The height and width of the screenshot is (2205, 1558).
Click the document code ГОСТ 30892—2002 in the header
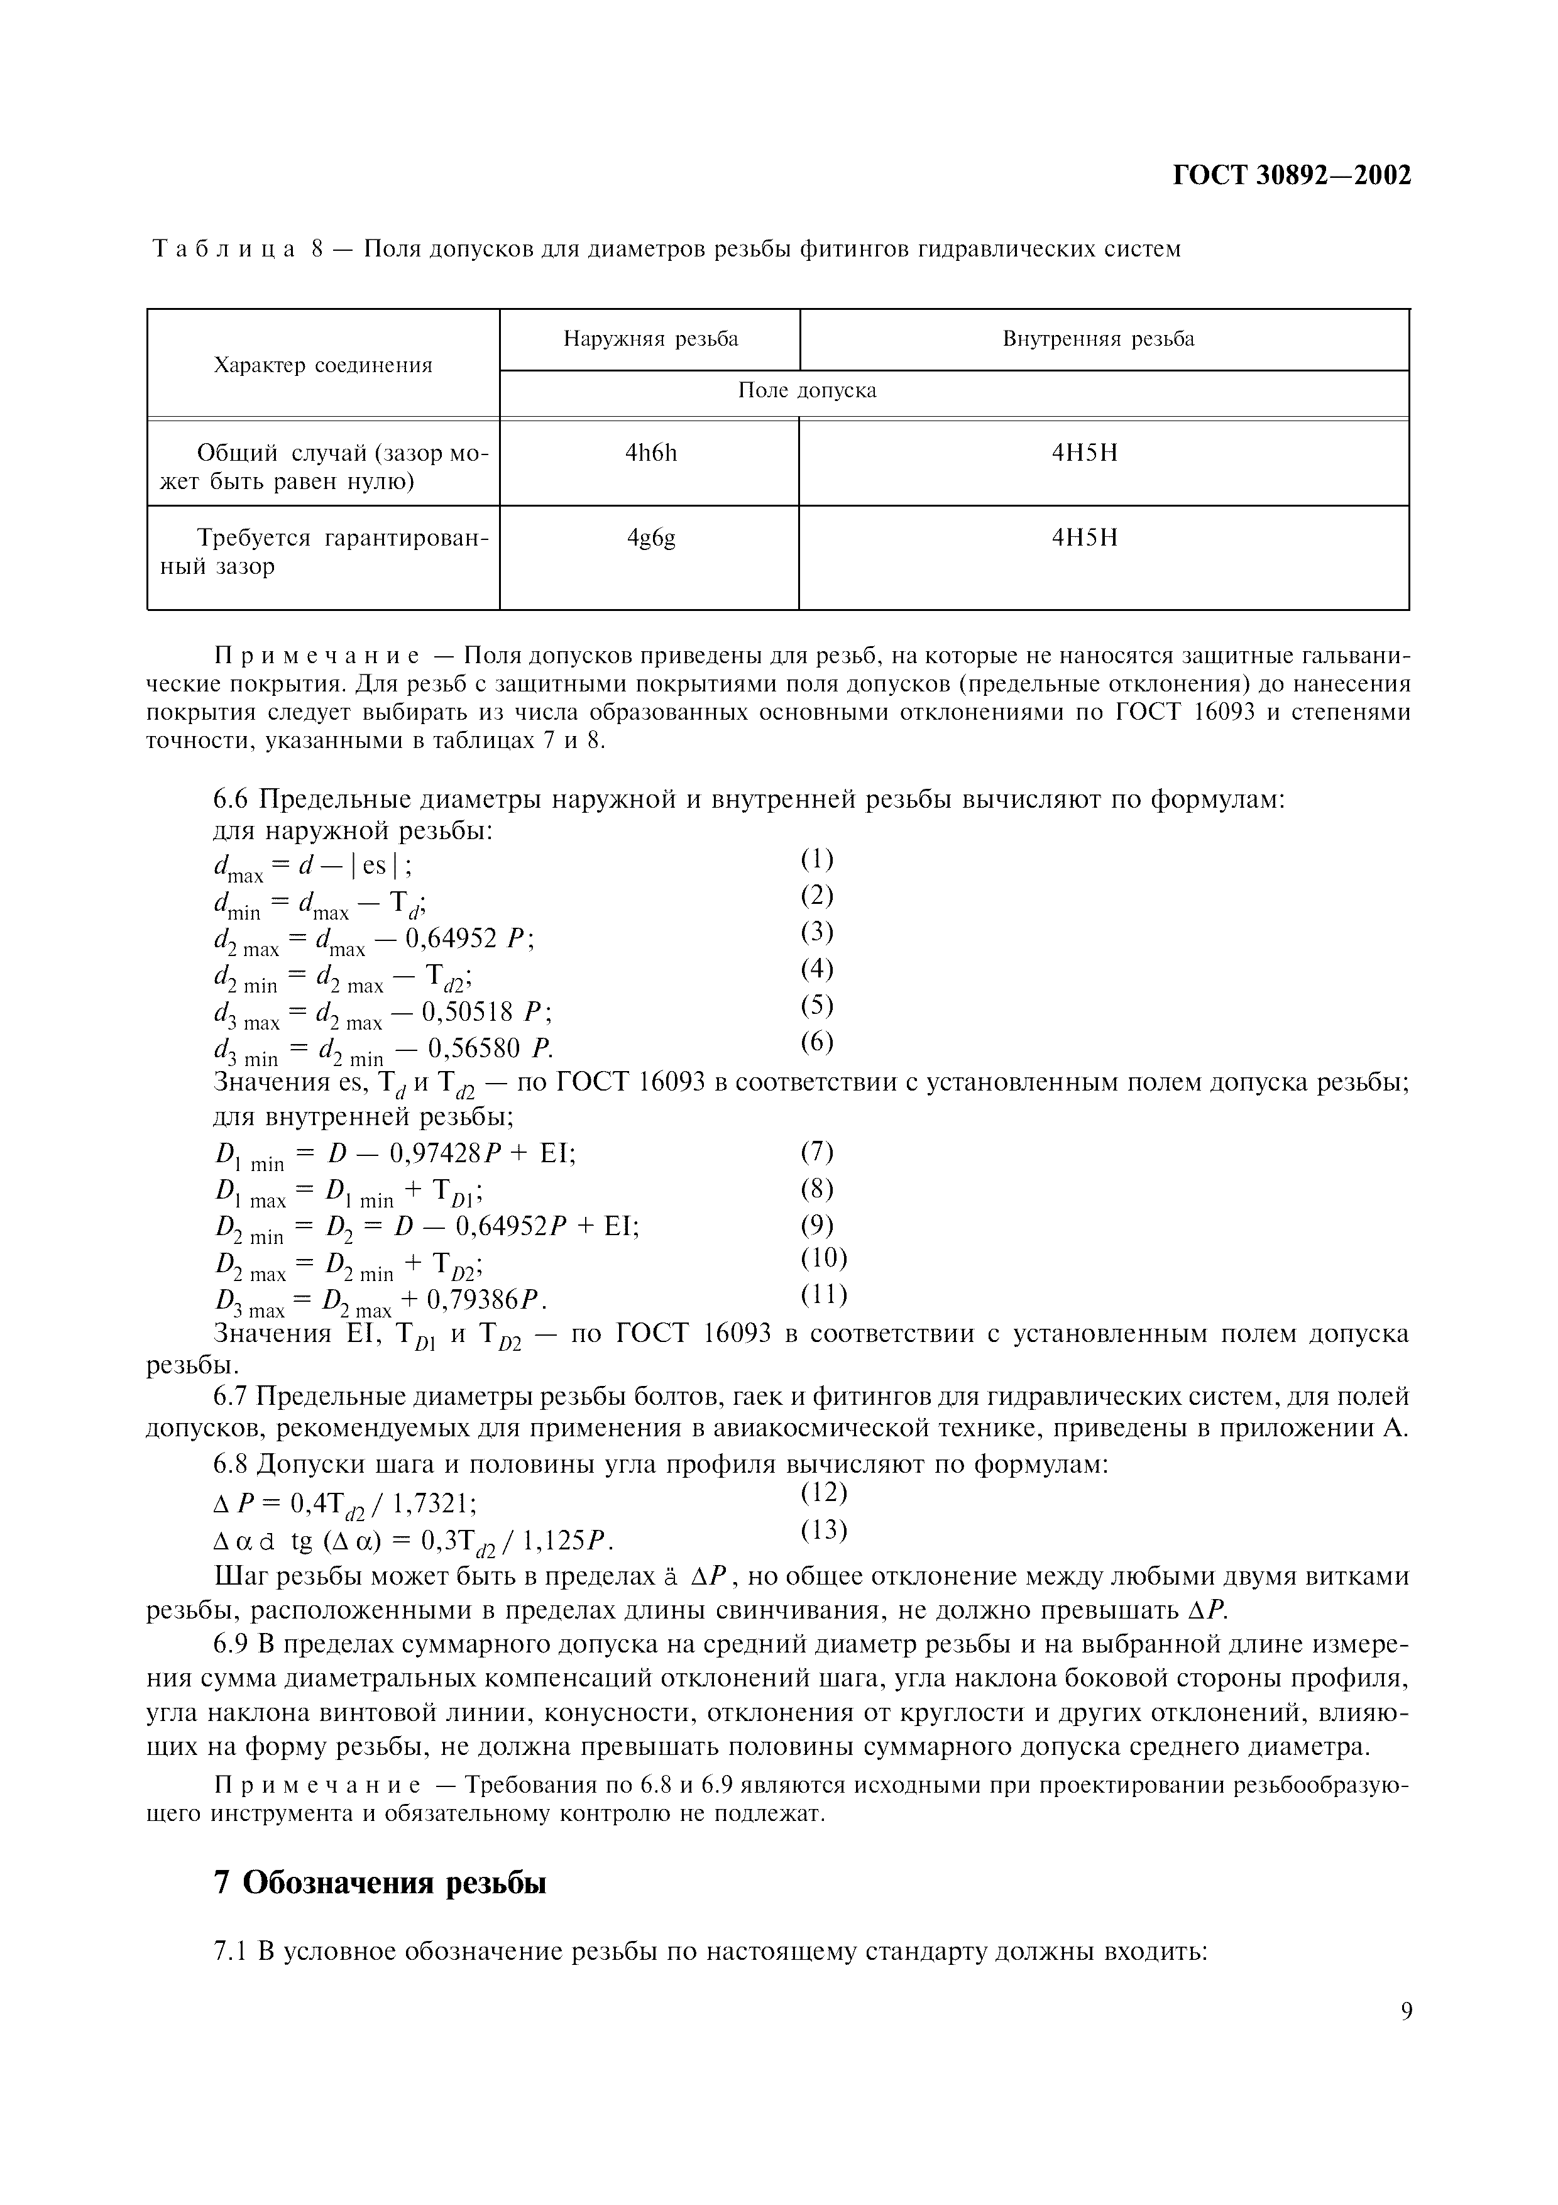pyautogui.click(x=1292, y=176)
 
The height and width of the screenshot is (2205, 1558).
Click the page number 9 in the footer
pyautogui.click(x=1407, y=2038)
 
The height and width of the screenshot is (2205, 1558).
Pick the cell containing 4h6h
pyautogui.click(x=651, y=453)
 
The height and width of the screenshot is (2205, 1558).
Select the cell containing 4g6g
pyautogui.click(x=651, y=538)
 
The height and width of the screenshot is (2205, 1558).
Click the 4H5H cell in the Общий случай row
pyautogui.click(x=1085, y=453)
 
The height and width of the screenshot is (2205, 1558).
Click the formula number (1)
pyautogui.click(x=817, y=859)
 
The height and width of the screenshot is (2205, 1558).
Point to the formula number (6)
pyautogui.click(x=817, y=1042)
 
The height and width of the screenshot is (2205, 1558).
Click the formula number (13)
pyautogui.click(x=824, y=1528)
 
